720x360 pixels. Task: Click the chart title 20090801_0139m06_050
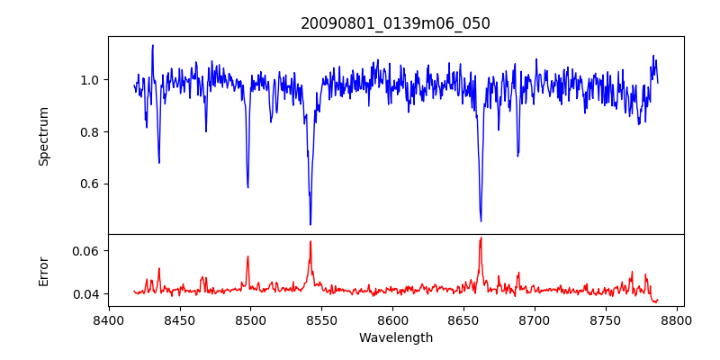coord(395,23)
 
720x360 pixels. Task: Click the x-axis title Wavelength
coord(395,337)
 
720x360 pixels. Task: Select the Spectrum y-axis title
coord(43,136)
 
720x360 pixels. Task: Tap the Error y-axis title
coord(43,271)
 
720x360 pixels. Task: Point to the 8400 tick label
coord(108,319)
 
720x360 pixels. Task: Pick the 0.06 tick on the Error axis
coord(84,250)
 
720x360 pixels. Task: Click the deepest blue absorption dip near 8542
coord(310,224)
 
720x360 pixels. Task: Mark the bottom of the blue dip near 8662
coord(481,220)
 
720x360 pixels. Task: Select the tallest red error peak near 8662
coord(481,238)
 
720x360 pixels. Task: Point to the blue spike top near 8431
coord(153,45)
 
